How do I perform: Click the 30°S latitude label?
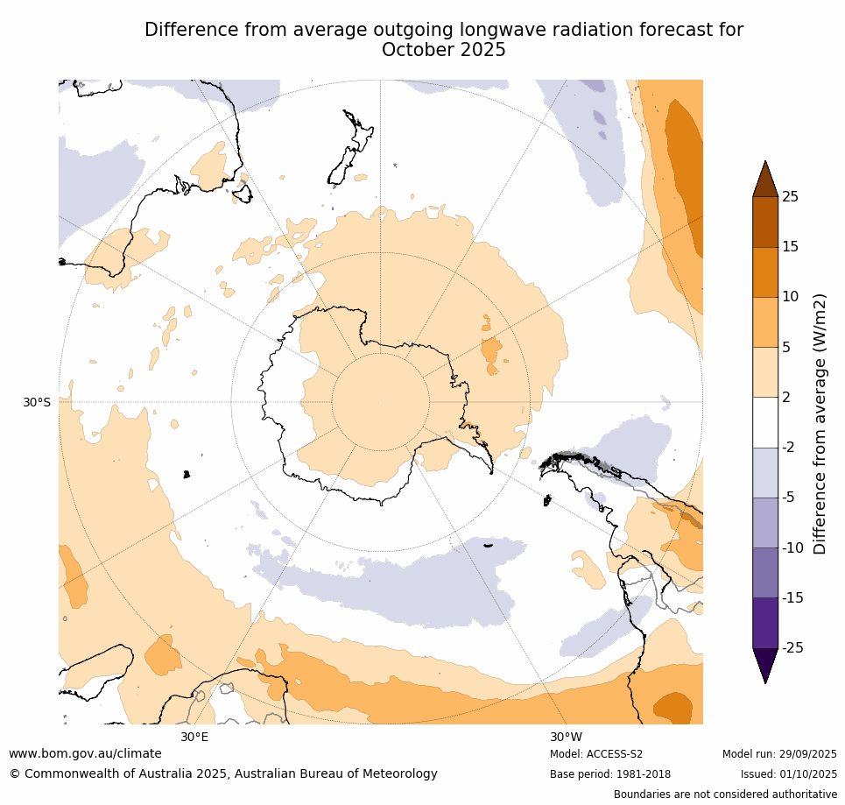click(37, 402)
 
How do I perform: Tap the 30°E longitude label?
click(194, 737)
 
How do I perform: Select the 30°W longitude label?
click(566, 737)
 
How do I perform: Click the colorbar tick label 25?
click(790, 197)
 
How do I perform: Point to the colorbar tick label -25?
click(793, 648)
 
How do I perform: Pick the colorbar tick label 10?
click(790, 297)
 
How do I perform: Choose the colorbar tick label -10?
click(793, 548)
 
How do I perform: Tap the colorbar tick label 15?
click(790, 247)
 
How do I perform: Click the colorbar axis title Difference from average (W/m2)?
click(820, 423)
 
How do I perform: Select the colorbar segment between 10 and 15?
click(765, 272)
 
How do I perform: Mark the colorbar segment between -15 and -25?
click(765, 623)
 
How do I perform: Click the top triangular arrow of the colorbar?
click(765, 180)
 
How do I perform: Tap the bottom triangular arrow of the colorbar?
click(765, 663)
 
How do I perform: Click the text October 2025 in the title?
click(444, 50)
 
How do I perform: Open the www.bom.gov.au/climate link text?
click(85, 753)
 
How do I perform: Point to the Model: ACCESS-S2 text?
click(596, 754)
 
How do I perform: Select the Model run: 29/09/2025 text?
click(779, 754)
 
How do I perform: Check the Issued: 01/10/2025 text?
click(789, 774)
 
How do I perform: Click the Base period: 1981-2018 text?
click(610, 774)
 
